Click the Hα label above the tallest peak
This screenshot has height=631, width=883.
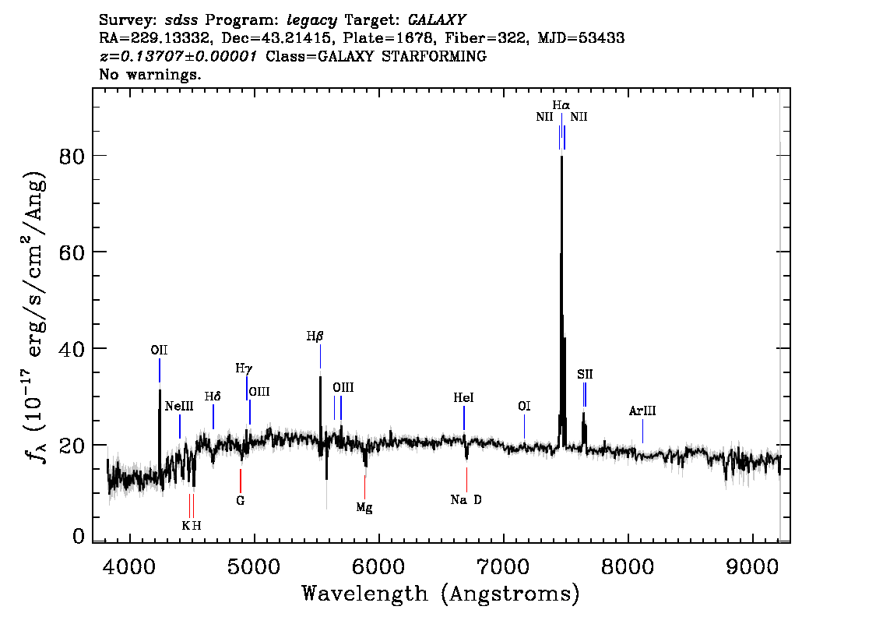click(561, 104)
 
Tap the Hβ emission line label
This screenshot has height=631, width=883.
click(315, 337)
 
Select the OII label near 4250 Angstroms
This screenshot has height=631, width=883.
click(159, 351)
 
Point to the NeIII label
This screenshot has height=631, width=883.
click(179, 407)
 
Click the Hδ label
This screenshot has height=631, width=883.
click(213, 397)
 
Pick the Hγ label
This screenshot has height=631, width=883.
click(244, 368)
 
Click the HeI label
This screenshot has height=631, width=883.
click(463, 398)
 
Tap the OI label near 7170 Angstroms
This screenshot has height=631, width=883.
click(524, 407)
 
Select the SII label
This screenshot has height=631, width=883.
click(585, 375)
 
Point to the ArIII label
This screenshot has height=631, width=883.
click(642, 411)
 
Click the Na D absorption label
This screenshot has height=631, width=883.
click(466, 500)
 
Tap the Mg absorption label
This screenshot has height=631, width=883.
click(364, 508)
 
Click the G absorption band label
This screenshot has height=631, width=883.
click(241, 501)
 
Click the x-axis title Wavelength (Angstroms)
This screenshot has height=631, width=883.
click(441, 594)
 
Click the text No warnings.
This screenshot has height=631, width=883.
click(150, 75)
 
